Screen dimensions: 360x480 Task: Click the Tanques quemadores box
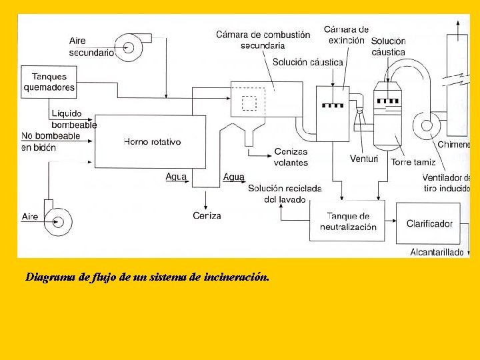tap(49, 82)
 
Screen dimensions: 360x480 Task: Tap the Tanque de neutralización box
tap(347, 221)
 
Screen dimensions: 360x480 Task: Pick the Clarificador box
tap(429, 223)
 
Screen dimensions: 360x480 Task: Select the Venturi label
tap(364, 159)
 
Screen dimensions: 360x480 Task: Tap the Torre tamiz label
tap(413, 162)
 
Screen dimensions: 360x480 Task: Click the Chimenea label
tap(454, 145)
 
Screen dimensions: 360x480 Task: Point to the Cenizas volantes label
tap(291, 157)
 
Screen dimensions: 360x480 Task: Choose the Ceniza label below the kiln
tap(207, 215)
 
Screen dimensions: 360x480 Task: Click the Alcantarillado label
tap(437, 252)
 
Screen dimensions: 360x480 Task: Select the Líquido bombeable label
tap(74, 119)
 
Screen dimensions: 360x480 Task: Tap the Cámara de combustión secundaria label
tap(263, 40)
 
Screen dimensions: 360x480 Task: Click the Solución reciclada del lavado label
tap(285, 193)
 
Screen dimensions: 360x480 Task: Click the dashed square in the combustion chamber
tap(249, 103)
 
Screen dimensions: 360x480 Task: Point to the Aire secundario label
tap(91, 46)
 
